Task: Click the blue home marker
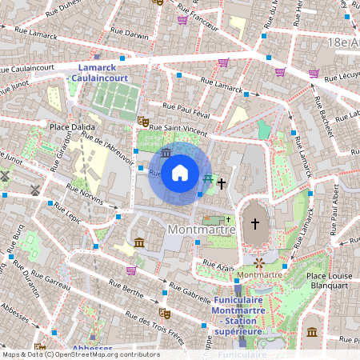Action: [180, 172]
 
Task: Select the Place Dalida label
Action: [73, 127]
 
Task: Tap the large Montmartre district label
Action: [202, 230]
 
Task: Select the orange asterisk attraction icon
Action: [259, 262]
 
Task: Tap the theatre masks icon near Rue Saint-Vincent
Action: [143, 121]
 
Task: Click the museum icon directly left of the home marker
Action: [166, 152]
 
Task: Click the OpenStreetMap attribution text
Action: [80, 354]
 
